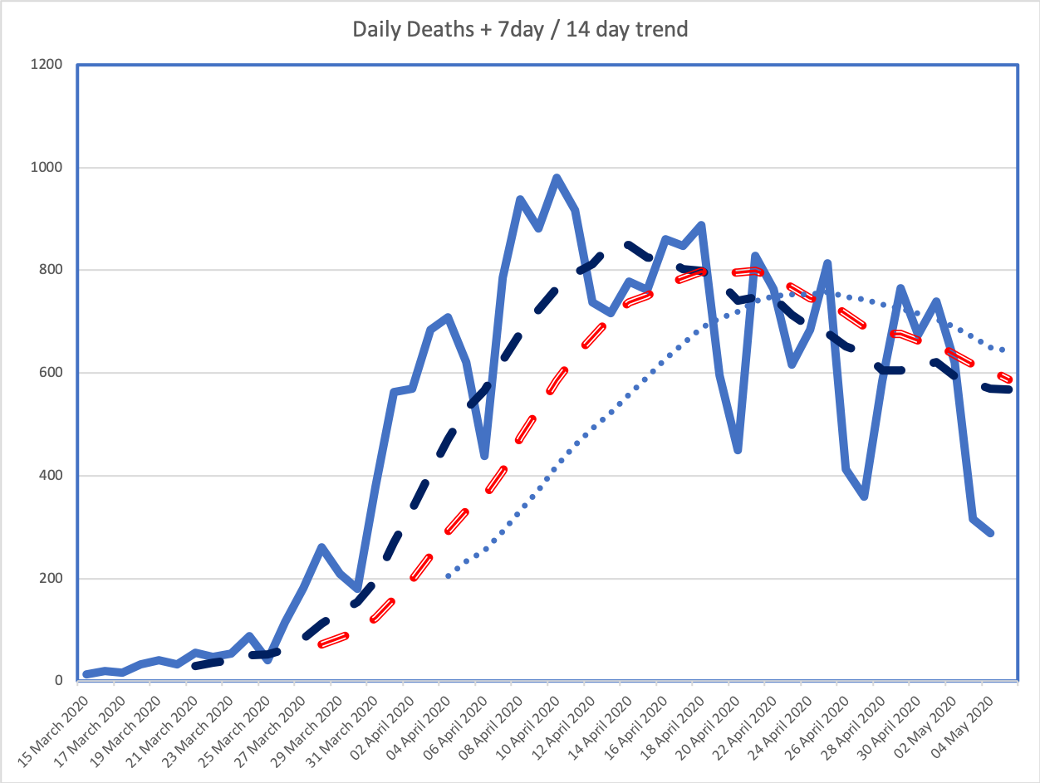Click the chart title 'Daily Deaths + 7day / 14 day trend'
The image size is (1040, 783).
click(x=520, y=30)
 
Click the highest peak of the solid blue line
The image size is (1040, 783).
click(x=557, y=178)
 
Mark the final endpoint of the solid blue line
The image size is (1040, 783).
click(x=991, y=533)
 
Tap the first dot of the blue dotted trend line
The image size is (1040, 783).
click(x=448, y=575)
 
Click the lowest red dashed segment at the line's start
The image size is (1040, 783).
click(x=333, y=640)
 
